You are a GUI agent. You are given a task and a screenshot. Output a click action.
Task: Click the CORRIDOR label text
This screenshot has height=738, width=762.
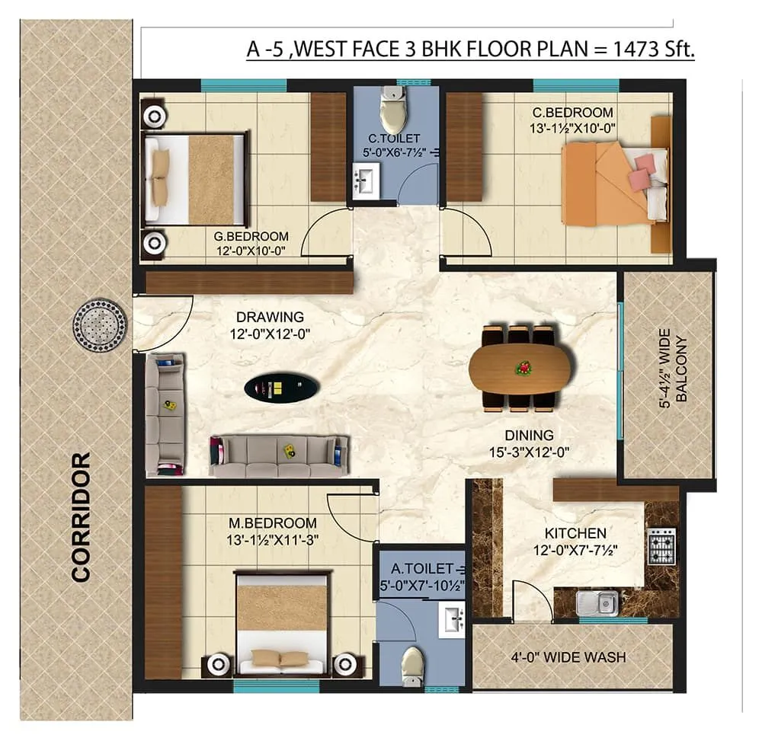pos(81,517)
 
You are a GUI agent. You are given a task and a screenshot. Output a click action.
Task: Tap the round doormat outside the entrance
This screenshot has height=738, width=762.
pos(100,325)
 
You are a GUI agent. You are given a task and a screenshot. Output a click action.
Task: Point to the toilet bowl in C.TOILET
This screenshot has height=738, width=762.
pos(392,110)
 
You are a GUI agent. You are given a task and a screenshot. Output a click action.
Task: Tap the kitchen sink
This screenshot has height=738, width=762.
pos(597,603)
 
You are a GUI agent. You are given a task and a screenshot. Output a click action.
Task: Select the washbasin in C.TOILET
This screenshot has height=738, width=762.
pos(366,183)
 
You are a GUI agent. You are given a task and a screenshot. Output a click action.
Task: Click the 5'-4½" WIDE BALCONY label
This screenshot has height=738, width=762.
pos(674,370)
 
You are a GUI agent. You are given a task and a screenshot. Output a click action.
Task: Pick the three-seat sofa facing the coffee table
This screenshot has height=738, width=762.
pos(279,455)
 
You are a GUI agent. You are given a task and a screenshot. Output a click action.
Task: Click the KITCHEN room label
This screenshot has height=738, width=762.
pos(575,533)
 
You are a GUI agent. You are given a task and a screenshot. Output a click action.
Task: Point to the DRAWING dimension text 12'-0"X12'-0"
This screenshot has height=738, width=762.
pos(270,334)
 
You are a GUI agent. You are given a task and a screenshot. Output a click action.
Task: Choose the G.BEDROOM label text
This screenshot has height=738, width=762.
pos(251,236)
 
